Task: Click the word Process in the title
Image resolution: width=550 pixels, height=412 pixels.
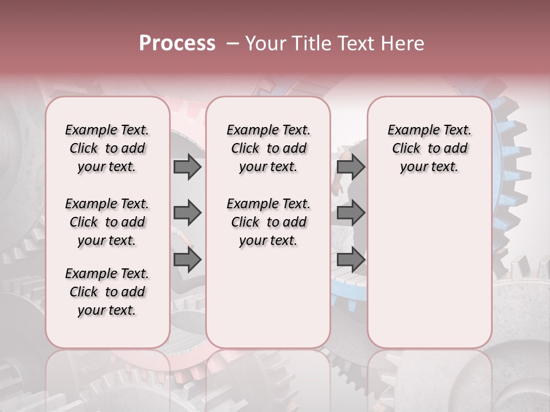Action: point(177,43)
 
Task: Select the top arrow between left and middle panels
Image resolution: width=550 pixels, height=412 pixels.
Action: point(187,167)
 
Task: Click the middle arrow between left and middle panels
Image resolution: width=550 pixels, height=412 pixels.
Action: point(187,213)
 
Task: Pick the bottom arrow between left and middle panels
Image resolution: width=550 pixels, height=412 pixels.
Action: point(187,260)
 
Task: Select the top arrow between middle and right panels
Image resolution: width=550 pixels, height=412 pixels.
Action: point(351,167)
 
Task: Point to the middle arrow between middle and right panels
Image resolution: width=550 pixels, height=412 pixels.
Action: point(351,213)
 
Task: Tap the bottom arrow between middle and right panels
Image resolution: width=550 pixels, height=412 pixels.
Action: point(351,260)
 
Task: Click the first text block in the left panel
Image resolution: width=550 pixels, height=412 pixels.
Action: point(107,148)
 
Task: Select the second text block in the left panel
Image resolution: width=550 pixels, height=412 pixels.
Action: point(107,222)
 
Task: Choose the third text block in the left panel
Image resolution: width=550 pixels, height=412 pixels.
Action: point(107,292)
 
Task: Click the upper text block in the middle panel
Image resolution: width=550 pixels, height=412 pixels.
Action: point(268,148)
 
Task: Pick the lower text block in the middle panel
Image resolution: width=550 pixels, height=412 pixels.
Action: point(268,222)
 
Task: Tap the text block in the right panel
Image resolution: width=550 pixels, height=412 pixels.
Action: point(430,148)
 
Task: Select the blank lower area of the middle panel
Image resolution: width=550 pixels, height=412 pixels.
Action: point(268,298)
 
